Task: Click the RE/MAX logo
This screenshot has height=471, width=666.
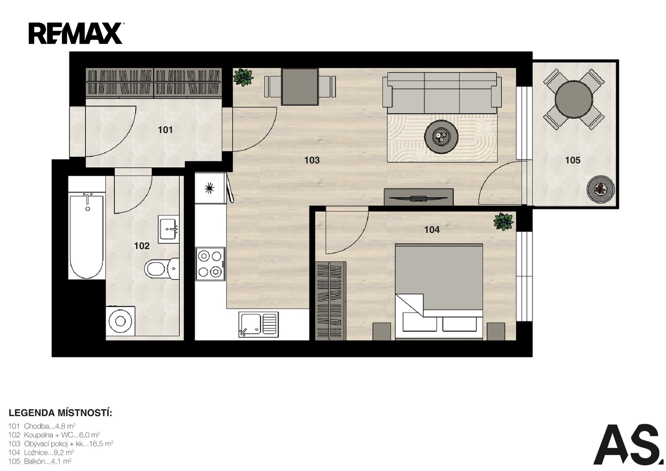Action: (x=76, y=33)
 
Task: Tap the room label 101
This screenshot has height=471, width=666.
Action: (x=165, y=130)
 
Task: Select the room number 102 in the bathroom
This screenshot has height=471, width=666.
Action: (x=141, y=246)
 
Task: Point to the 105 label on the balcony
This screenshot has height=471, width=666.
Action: (x=573, y=160)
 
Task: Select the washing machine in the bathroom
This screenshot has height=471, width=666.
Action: (x=120, y=321)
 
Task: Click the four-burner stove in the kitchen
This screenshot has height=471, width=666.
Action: (x=210, y=264)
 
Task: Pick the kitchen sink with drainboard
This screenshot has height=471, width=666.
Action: (x=258, y=324)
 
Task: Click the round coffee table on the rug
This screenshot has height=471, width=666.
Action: (x=441, y=137)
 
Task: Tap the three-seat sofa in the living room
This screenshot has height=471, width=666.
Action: (x=442, y=92)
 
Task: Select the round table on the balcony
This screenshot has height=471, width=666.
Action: (x=574, y=99)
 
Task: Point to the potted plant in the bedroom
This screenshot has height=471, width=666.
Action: (x=503, y=222)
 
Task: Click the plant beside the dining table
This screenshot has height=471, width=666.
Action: (x=243, y=77)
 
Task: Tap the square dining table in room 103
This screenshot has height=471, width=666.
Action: (x=300, y=86)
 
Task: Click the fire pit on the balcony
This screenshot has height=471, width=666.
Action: (x=601, y=189)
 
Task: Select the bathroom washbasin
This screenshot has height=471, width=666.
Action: (x=168, y=229)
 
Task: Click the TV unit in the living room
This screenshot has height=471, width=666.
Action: (x=418, y=197)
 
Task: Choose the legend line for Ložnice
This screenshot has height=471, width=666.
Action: (x=41, y=453)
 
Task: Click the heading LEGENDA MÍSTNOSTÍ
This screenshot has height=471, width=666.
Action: (x=60, y=413)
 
